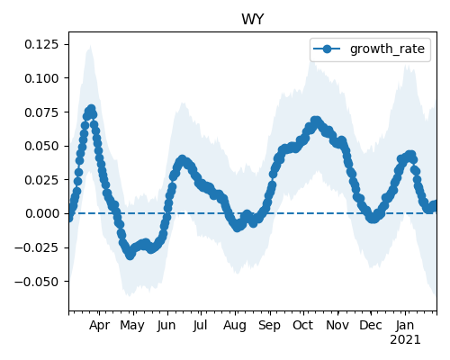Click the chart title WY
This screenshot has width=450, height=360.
[253, 20]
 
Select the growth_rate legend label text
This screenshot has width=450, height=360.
[387, 49]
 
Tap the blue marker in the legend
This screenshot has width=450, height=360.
[327, 49]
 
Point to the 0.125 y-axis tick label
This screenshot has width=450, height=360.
[41, 44]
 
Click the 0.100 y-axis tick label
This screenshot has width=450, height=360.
[41, 78]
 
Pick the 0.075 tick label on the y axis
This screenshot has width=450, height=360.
[41, 112]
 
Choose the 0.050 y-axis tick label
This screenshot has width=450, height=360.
[41, 146]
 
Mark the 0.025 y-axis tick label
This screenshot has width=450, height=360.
[41, 180]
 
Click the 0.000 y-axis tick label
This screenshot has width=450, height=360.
[42, 213]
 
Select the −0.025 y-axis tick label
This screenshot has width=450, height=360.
[36, 247]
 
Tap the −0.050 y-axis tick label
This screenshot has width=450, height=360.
[36, 282]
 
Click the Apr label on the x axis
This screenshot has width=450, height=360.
[99, 326]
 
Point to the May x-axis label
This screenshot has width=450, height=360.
[132, 326]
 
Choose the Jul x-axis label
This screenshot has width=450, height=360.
[200, 325]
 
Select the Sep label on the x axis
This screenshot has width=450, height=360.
[269, 326]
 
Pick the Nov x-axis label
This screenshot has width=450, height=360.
[337, 325]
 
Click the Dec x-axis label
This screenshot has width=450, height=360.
[371, 325]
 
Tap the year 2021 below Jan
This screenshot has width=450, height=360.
[405, 340]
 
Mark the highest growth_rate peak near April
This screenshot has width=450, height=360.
[92, 109]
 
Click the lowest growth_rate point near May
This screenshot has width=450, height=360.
[130, 256]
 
